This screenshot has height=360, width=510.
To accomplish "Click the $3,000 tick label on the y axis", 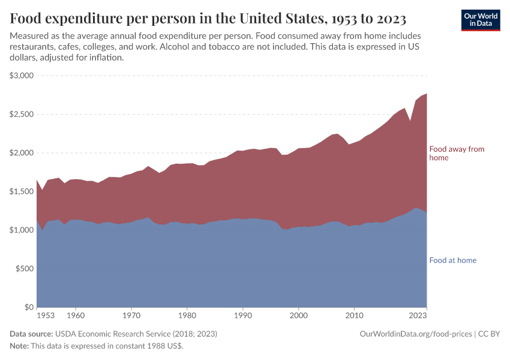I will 22,76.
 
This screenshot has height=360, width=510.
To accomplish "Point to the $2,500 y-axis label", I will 22,114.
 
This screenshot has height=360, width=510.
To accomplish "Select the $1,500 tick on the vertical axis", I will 22,191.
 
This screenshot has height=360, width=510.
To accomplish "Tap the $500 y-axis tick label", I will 25,269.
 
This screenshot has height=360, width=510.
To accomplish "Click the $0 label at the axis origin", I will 29,307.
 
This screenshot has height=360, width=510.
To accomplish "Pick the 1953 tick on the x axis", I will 45,315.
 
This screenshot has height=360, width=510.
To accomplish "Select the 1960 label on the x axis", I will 75,315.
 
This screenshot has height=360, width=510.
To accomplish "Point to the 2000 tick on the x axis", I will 298,315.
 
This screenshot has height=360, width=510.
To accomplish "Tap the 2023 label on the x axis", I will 418,315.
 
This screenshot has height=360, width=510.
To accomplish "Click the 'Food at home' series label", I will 452,260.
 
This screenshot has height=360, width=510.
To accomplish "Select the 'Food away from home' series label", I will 456,153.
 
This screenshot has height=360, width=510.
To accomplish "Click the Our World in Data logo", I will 480,20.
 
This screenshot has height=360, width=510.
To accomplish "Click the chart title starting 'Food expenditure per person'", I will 208,18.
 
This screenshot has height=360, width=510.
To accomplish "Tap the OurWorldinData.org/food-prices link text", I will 415,334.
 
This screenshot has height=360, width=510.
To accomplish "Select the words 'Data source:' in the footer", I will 31,334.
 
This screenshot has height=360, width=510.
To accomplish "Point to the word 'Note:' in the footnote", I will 19,346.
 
